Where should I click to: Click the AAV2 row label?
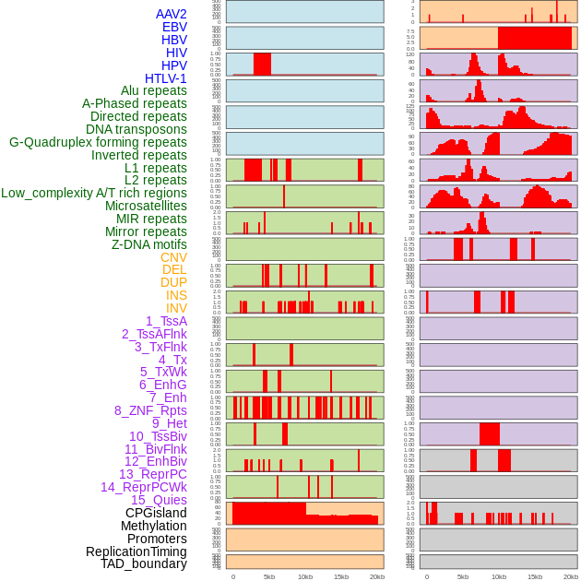[x=172, y=14]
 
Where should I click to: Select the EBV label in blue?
[x=174, y=27]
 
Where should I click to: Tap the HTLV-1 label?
[x=166, y=78]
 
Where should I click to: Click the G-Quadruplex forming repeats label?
[x=98, y=142]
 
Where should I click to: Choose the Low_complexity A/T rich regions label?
[x=94, y=193]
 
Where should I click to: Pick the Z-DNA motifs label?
[x=149, y=244]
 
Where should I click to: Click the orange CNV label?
[x=173, y=257]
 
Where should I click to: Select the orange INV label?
[x=176, y=308]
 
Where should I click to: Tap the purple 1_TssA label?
[x=166, y=321]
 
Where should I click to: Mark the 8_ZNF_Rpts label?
[x=150, y=410]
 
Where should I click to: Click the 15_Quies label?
[x=159, y=500]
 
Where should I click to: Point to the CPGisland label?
[x=156, y=513]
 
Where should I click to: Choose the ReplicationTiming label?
[x=136, y=551]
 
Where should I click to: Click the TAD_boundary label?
[x=144, y=563]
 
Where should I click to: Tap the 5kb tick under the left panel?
[x=269, y=576]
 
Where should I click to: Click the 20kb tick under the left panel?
[x=377, y=576]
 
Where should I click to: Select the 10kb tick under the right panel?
[x=499, y=576]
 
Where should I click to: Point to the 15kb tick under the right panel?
[x=535, y=576]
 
